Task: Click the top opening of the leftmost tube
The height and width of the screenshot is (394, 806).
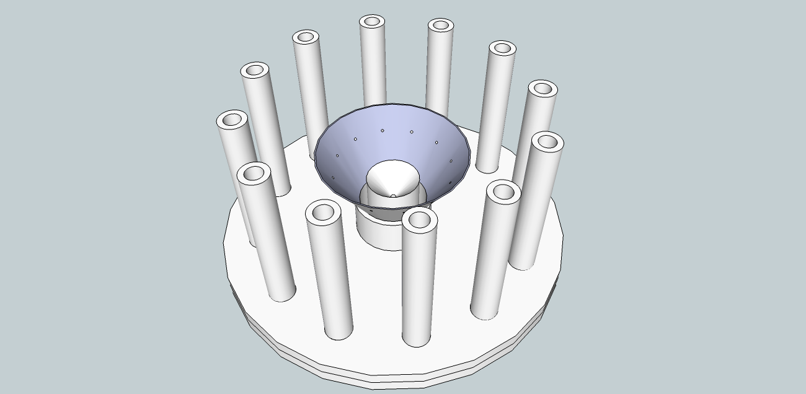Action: [x=232, y=120]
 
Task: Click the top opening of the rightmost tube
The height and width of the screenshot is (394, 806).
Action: [x=547, y=142]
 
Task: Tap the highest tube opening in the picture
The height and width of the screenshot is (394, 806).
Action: [x=371, y=22]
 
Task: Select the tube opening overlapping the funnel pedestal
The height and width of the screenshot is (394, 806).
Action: [x=419, y=219]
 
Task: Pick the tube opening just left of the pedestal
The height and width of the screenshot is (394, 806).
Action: [x=322, y=212]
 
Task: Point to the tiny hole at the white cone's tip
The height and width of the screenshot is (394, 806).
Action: [x=392, y=196]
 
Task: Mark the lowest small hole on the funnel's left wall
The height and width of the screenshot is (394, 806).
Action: [x=334, y=178]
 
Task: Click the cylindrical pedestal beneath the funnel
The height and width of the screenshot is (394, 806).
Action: [x=379, y=232]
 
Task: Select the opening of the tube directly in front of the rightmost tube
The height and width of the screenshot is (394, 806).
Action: [x=503, y=191]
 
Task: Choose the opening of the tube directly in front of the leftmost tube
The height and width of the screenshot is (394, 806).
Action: [x=254, y=173]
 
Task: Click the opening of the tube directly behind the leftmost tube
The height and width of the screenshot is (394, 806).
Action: [x=254, y=70]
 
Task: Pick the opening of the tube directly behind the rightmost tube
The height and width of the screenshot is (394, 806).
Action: [x=542, y=89]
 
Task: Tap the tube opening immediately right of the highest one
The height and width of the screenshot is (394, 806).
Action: [x=440, y=25]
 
